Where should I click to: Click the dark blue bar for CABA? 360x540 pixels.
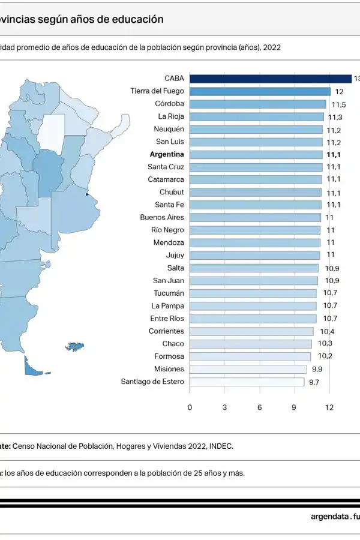click(x=270, y=79)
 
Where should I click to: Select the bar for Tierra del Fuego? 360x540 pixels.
click(x=260, y=91)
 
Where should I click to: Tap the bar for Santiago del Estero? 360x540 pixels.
click(x=247, y=382)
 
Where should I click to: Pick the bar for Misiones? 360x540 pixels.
click(x=248, y=369)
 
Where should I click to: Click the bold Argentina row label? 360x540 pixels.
click(x=166, y=154)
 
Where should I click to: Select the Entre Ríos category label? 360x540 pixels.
click(x=167, y=319)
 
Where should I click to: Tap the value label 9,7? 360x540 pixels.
click(x=314, y=382)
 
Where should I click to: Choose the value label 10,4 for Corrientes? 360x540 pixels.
click(x=327, y=332)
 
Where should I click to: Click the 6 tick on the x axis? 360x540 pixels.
click(x=260, y=407)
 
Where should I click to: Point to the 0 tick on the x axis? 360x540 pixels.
click(x=190, y=407)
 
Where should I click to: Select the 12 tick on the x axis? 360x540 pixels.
click(x=329, y=407)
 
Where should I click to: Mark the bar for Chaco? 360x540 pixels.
click(x=251, y=344)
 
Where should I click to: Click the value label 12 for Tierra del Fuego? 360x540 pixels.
click(x=339, y=92)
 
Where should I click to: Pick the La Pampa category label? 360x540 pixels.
click(x=167, y=306)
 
